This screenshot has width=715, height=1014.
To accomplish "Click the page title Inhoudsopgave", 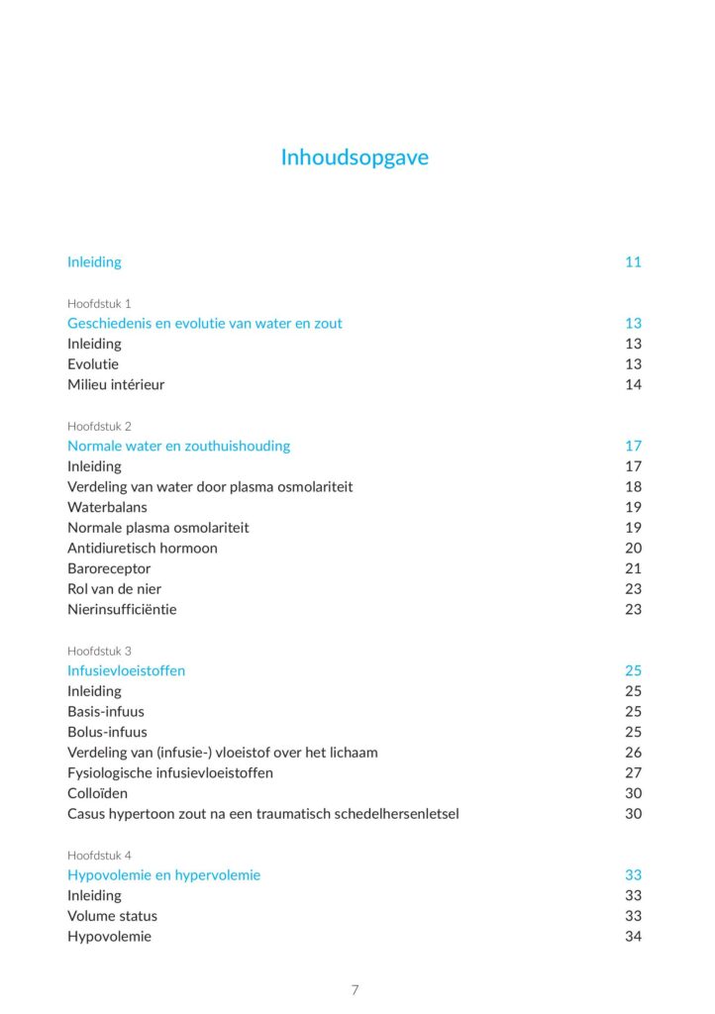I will pyautogui.click(x=355, y=157).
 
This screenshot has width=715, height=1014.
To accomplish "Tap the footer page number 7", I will pyautogui.click(x=356, y=990).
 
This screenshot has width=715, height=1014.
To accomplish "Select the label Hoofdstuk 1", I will pyautogui.click(x=99, y=303).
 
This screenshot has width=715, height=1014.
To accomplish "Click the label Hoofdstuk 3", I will pyautogui.click(x=99, y=651).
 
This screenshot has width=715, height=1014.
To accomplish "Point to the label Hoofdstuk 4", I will pyautogui.click(x=99, y=855).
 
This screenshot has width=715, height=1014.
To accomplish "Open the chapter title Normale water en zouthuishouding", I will pyautogui.click(x=178, y=446).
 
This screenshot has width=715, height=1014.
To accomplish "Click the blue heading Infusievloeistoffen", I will pyautogui.click(x=126, y=670).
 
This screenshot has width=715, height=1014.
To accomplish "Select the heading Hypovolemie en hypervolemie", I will pyautogui.click(x=163, y=874).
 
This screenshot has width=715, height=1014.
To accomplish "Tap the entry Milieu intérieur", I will pyautogui.click(x=116, y=384).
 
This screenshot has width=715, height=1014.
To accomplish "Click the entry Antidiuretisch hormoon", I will pyautogui.click(x=143, y=548).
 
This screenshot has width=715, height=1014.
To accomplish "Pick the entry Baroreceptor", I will pyautogui.click(x=109, y=568).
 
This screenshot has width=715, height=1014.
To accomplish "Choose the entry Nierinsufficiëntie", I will pyautogui.click(x=122, y=609).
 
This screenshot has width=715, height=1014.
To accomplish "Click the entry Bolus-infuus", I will pyautogui.click(x=107, y=732).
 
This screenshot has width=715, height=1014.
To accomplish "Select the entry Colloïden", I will pyautogui.click(x=97, y=793).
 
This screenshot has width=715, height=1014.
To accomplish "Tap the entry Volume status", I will pyautogui.click(x=112, y=916).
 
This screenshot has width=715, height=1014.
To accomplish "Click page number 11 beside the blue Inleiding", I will pyautogui.click(x=633, y=262).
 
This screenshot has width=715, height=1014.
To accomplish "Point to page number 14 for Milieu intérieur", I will pyautogui.click(x=633, y=384).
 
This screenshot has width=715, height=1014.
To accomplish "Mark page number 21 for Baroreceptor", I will pyautogui.click(x=633, y=568).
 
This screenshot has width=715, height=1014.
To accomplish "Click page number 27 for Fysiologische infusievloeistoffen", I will pyautogui.click(x=633, y=772).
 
